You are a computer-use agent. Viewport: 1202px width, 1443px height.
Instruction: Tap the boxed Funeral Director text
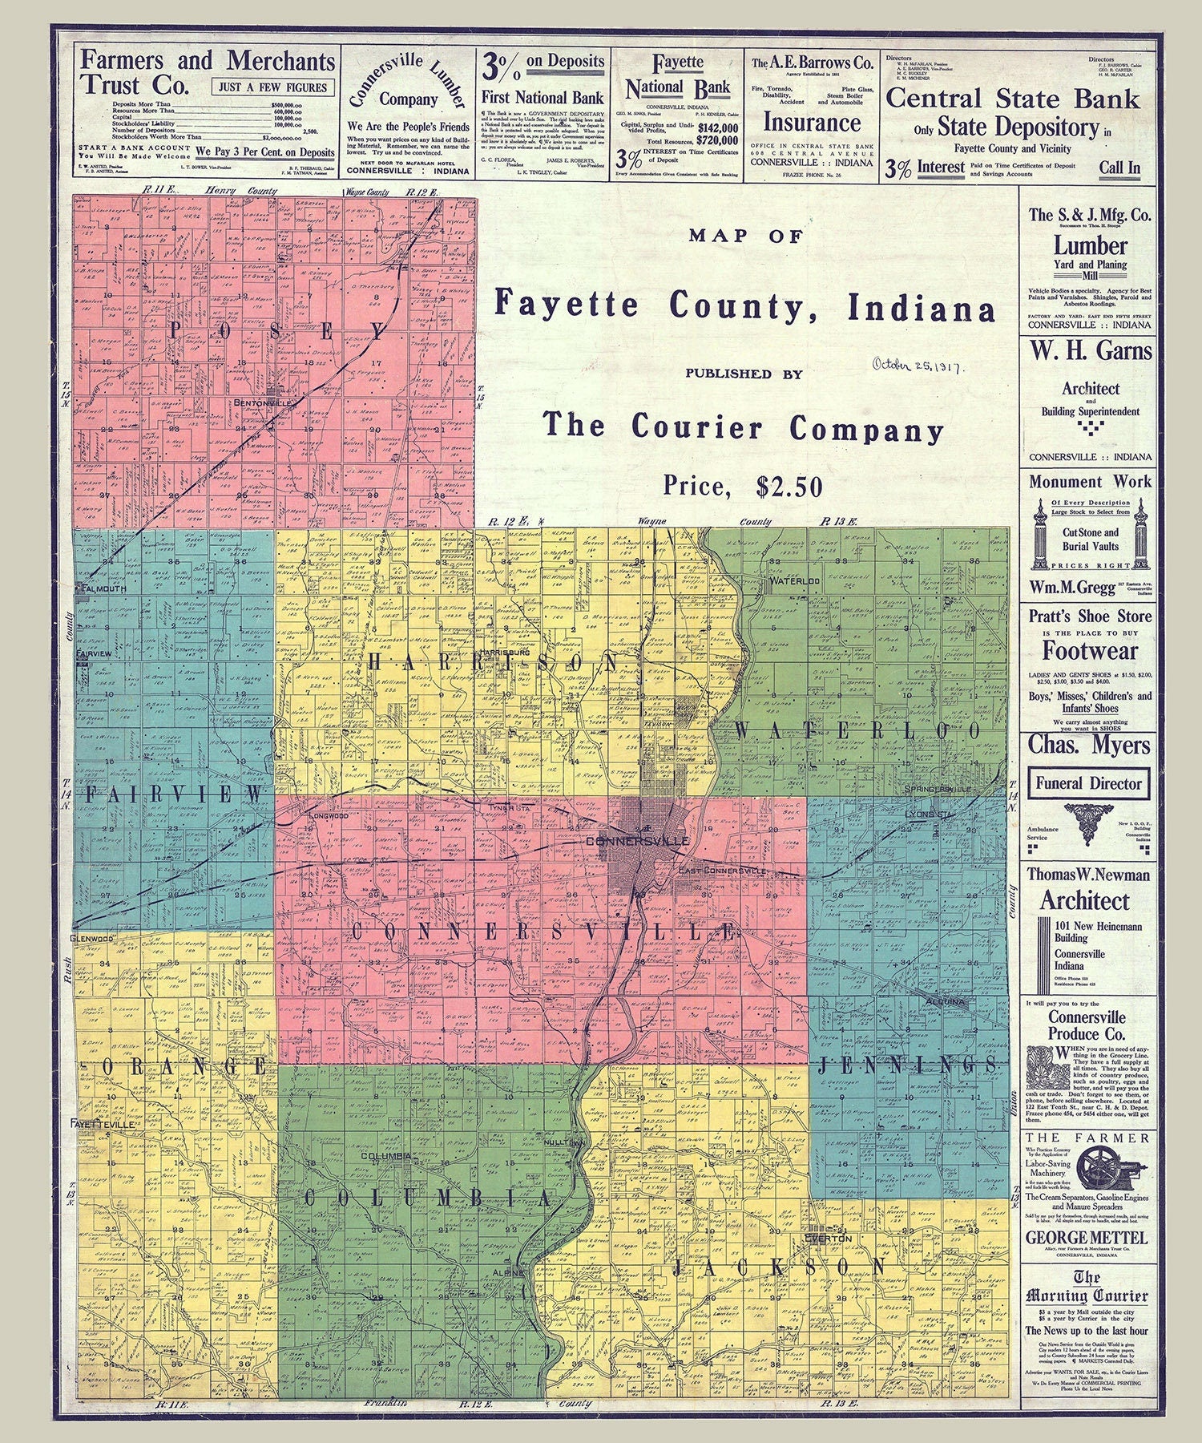click(1087, 783)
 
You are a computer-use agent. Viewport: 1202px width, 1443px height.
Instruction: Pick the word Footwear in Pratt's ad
click(1090, 649)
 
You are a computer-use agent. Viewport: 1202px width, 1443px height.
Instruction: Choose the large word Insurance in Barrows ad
click(811, 123)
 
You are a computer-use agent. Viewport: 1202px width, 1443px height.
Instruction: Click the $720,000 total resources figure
click(717, 139)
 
